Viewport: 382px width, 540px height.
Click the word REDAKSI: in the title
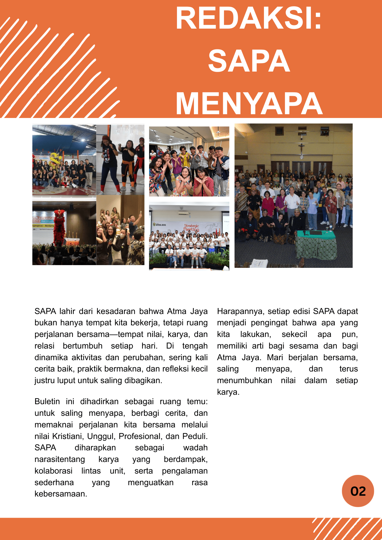(249, 18)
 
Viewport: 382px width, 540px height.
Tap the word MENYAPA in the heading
(249, 104)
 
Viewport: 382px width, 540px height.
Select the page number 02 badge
(358, 491)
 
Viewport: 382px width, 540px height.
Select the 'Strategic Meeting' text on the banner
(192, 227)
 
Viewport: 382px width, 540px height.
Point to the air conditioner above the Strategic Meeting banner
(184, 213)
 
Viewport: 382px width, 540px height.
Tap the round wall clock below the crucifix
(301, 157)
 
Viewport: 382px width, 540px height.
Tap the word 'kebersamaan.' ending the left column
(61, 494)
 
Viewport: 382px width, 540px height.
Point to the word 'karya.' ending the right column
(228, 392)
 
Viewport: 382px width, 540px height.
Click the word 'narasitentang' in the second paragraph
(60, 459)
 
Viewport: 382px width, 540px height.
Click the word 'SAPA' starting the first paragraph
(45, 311)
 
